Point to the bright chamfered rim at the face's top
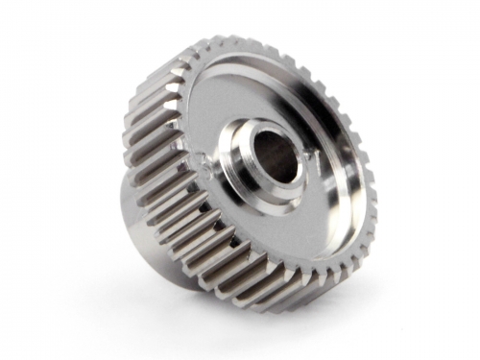pyautogui.click(x=250, y=58)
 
